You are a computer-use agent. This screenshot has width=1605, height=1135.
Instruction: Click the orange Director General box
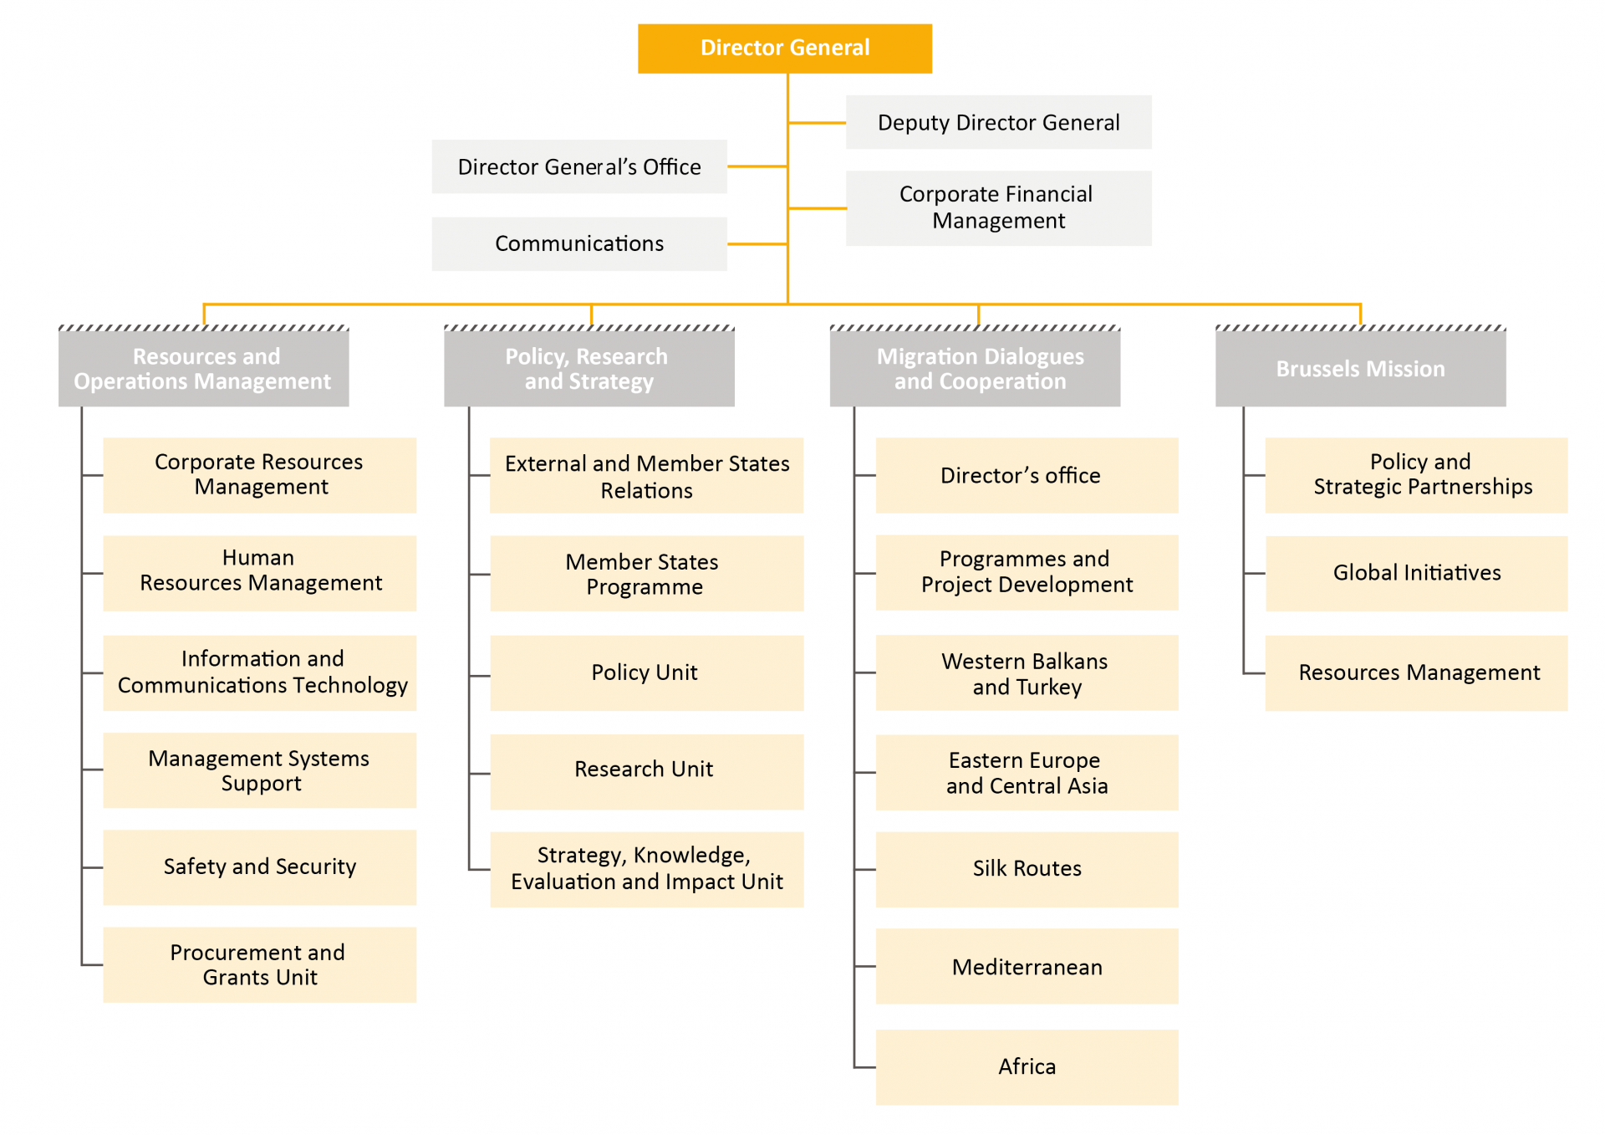coord(784,49)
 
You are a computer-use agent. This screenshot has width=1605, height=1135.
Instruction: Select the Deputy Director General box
coord(998,122)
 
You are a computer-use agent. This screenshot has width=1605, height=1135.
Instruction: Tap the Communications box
coord(578,243)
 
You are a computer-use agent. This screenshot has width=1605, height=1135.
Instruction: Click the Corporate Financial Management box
coord(998,207)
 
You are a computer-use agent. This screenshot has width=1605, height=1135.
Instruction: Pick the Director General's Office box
coord(578,166)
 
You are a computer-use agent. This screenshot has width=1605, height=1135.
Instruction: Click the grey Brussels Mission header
coord(1360,369)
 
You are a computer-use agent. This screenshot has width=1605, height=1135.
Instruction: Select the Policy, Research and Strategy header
coord(588,369)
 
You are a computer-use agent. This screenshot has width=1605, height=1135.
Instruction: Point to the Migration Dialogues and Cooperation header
coord(975,369)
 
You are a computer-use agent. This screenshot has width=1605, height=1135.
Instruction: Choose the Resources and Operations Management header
coord(203,369)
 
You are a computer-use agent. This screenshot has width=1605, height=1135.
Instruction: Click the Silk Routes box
coord(1027,868)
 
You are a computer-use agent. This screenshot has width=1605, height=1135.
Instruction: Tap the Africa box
coord(1027,1066)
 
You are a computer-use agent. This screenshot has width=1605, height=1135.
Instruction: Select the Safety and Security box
coord(259,867)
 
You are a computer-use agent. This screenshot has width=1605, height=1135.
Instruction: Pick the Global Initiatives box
coord(1416,573)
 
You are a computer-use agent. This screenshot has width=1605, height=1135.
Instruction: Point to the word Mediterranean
coord(1027,968)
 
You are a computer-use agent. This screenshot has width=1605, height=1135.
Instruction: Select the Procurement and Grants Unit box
coord(259,964)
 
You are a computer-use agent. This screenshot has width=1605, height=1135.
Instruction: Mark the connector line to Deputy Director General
coord(817,123)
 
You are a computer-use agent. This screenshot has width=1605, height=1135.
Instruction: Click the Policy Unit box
coord(645,672)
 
